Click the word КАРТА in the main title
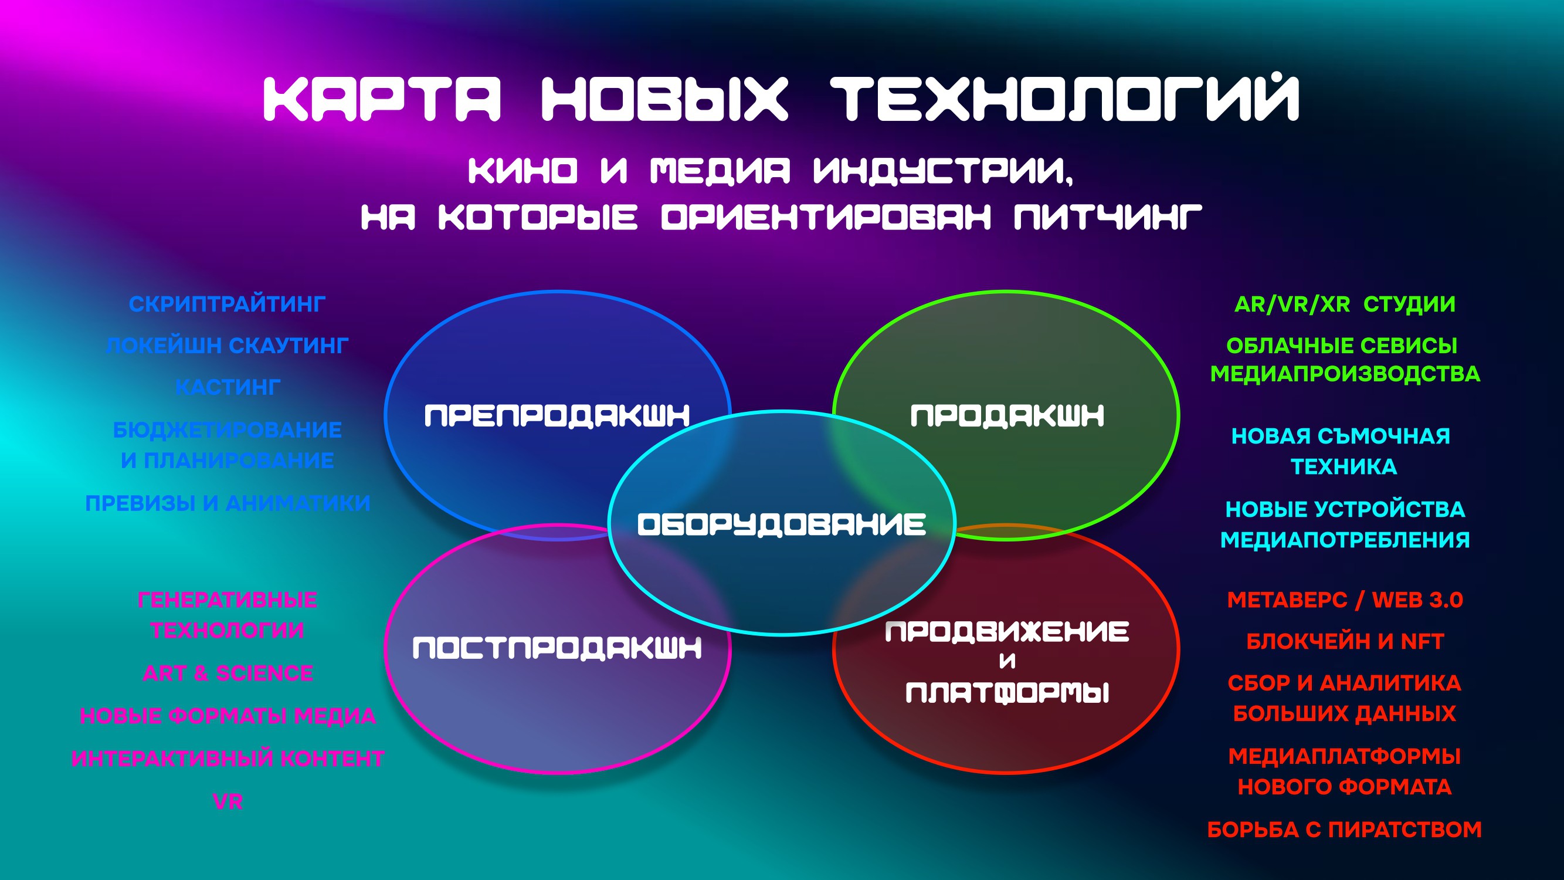pyautogui.click(x=382, y=99)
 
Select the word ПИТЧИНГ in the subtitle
pyautogui.click(x=1108, y=217)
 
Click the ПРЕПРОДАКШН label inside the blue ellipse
pyautogui.click(x=557, y=416)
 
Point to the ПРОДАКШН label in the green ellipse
pyautogui.click(x=1007, y=416)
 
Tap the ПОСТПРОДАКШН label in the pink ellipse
pyautogui.click(x=557, y=648)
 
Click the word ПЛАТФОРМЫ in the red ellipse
pyautogui.click(x=1007, y=692)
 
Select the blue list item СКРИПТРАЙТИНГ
pyautogui.click(x=227, y=304)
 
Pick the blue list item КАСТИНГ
pyautogui.click(x=228, y=387)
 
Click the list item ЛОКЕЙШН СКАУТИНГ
pyautogui.click(x=227, y=346)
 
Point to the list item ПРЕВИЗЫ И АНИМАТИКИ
pyautogui.click(x=228, y=503)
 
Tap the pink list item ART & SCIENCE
pyautogui.click(x=228, y=673)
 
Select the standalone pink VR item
pyautogui.click(x=228, y=801)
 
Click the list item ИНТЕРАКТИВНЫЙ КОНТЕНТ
pyautogui.click(x=228, y=759)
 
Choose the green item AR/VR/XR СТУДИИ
pyautogui.click(x=1345, y=304)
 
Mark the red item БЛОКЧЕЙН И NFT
pyautogui.click(x=1345, y=641)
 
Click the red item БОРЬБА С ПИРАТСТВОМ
pyautogui.click(x=1345, y=830)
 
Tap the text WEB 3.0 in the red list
pyautogui.click(x=1417, y=600)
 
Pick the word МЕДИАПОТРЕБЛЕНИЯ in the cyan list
pyautogui.click(x=1345, y=539)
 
